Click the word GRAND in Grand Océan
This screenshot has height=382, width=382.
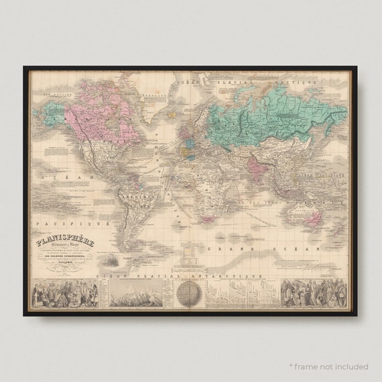point(222,249)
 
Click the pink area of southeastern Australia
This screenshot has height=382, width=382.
point(310,218)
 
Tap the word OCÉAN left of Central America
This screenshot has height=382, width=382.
point(54,177)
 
